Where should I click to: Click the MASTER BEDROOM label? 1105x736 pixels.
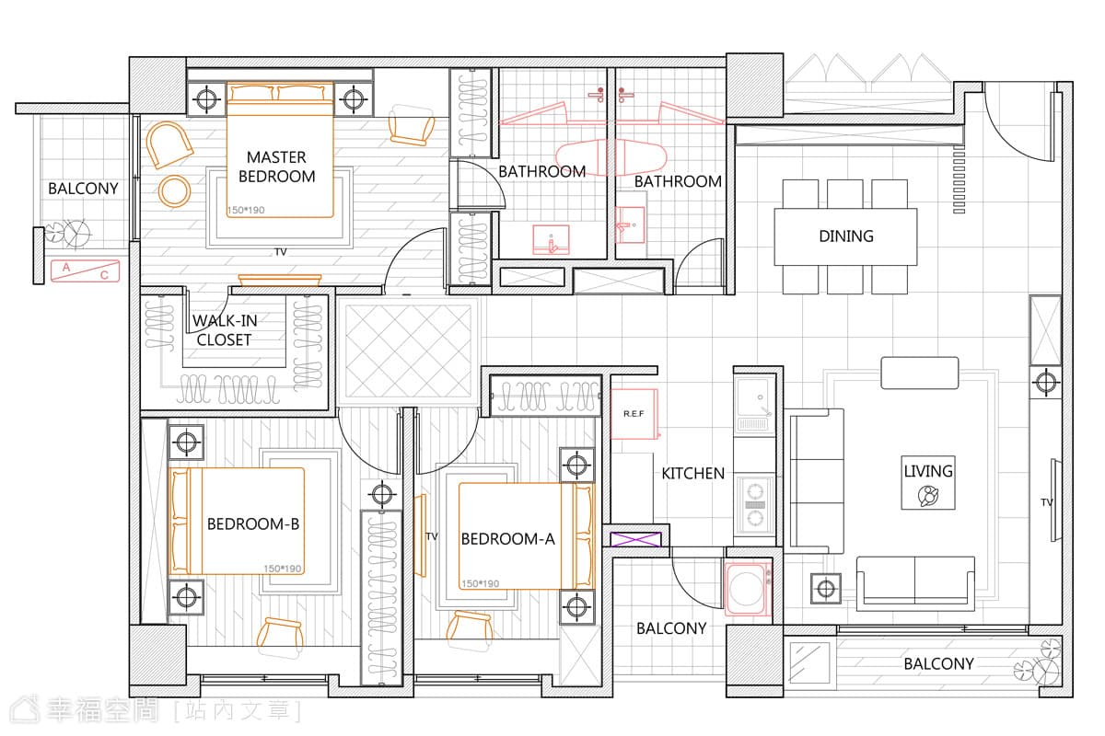click(x=277, y=167)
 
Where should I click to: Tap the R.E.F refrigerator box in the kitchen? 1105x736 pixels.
click(x=634, y=414)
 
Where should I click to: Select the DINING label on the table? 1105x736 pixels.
click(x=846, y=236)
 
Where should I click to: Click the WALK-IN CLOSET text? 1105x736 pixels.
click(x=225, y=329)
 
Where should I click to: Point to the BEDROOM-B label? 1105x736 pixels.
click(x=253, y=523)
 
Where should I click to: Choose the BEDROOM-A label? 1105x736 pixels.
click(x=507, y=539)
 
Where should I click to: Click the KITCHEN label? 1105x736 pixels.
click(x=692, y=473)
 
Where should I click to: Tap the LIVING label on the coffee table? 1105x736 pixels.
click(x=928, y=471)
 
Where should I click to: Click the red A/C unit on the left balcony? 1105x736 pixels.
click(x=86, y=271)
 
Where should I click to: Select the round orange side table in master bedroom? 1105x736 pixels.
click(x=174, y=191)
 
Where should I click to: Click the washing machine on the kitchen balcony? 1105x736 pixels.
click(x=748, y=589)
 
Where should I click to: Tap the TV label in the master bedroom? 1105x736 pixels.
click(x=281, y=252)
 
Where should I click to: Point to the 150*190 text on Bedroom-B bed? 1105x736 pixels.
click(x=282, y=569)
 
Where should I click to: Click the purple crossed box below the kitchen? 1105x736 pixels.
click(x=635, y=539)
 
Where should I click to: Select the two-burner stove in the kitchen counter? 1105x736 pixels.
click(x=754, y=505)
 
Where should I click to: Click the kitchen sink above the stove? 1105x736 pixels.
click(x=754, y=406)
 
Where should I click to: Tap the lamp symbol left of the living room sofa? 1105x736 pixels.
click(x=826, y=589)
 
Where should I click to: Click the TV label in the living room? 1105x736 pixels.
click(x=1047, y=502)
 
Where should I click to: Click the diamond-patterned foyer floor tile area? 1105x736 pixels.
click(x=409, y=351)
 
